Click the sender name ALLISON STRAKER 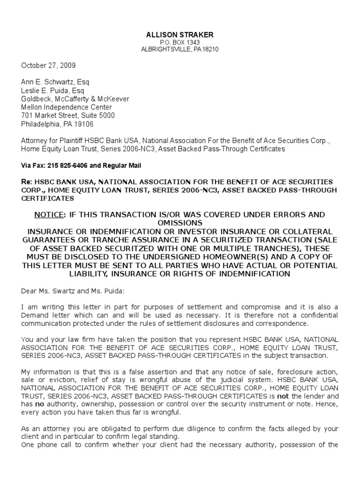[x=180, y=35]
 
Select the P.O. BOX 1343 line [x=180, y=43]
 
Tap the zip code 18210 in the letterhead [x=210, y=49]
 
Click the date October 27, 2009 [x=48, y=66]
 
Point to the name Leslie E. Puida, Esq [x=53, y=90]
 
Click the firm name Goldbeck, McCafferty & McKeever [x=75, y=99]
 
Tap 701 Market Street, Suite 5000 [x=68, y=115]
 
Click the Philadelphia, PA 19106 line [x=57, y=124]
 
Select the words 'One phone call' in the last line [x=45, y=445]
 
